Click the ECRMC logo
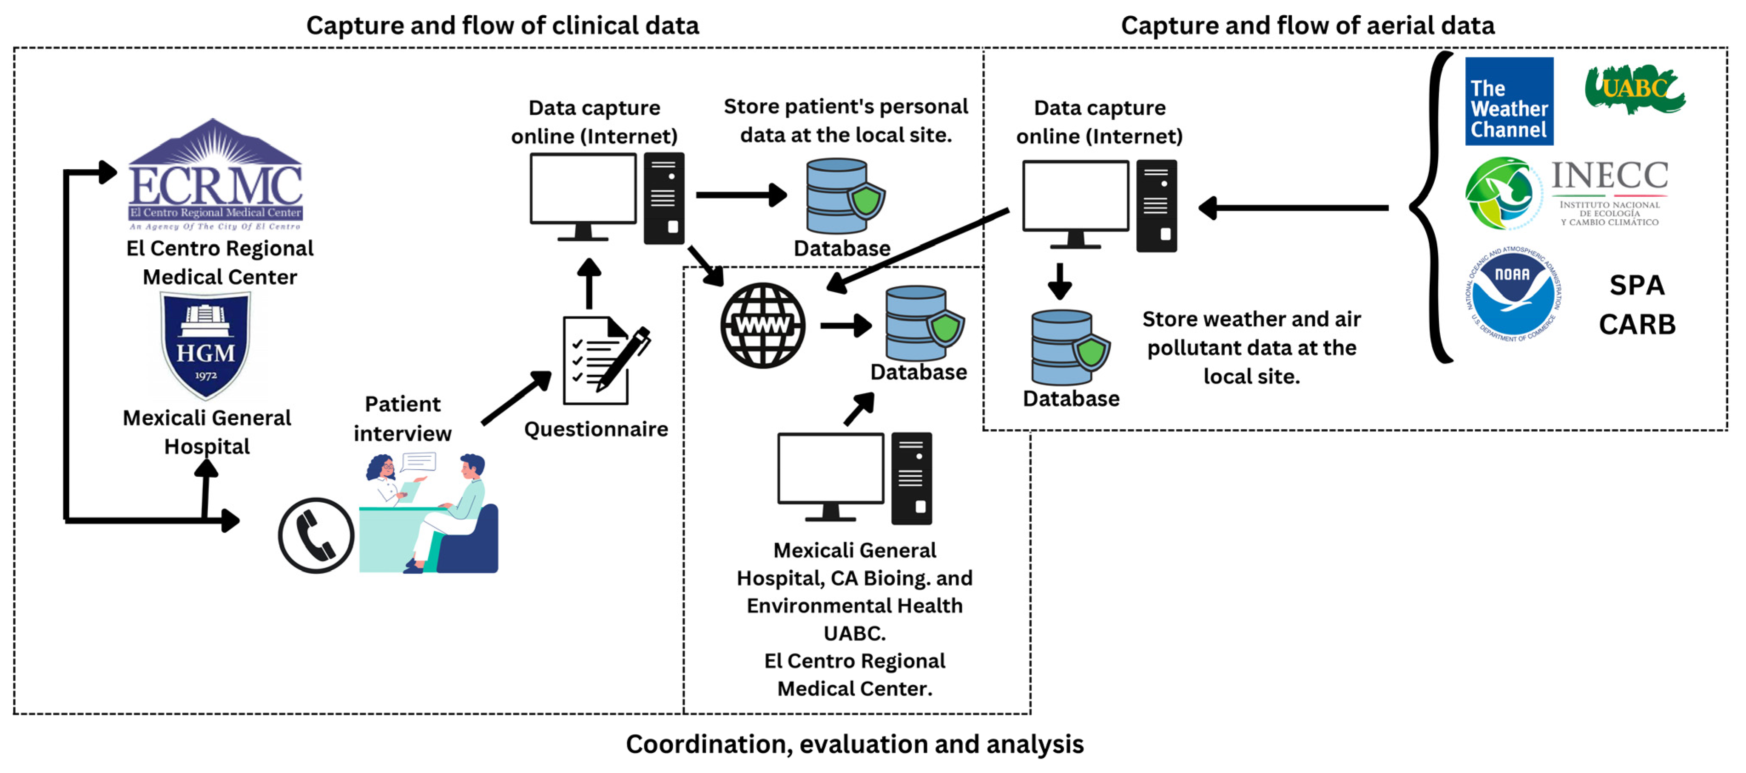[x=216, y=175]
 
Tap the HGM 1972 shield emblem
[x=205, y=345]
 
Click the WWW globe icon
[x=762, y=326]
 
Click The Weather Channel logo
[x=1509, y=102]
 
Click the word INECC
[x=1610, y=176]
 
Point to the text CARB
[x=1637, y=325]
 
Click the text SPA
[x=1637, y=285]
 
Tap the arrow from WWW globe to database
[x=845, y=326]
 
